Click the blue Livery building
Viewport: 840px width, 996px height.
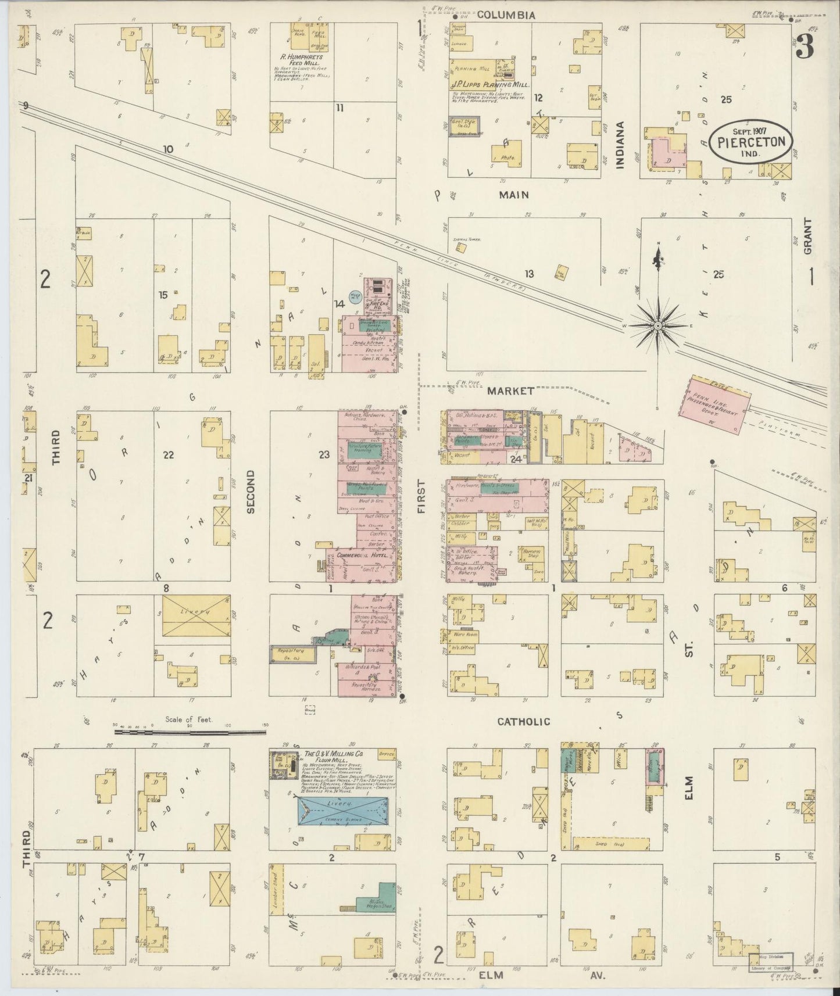coord(342,811)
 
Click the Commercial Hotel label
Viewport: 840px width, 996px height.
coord(355,556)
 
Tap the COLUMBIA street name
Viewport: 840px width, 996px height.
coord(505,16)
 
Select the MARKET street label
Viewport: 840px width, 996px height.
coord(510,391)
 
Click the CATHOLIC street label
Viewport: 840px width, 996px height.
coord(523,721)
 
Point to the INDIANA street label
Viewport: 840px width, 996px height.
coord(620,145)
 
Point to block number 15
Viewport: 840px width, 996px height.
coord(163,295)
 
